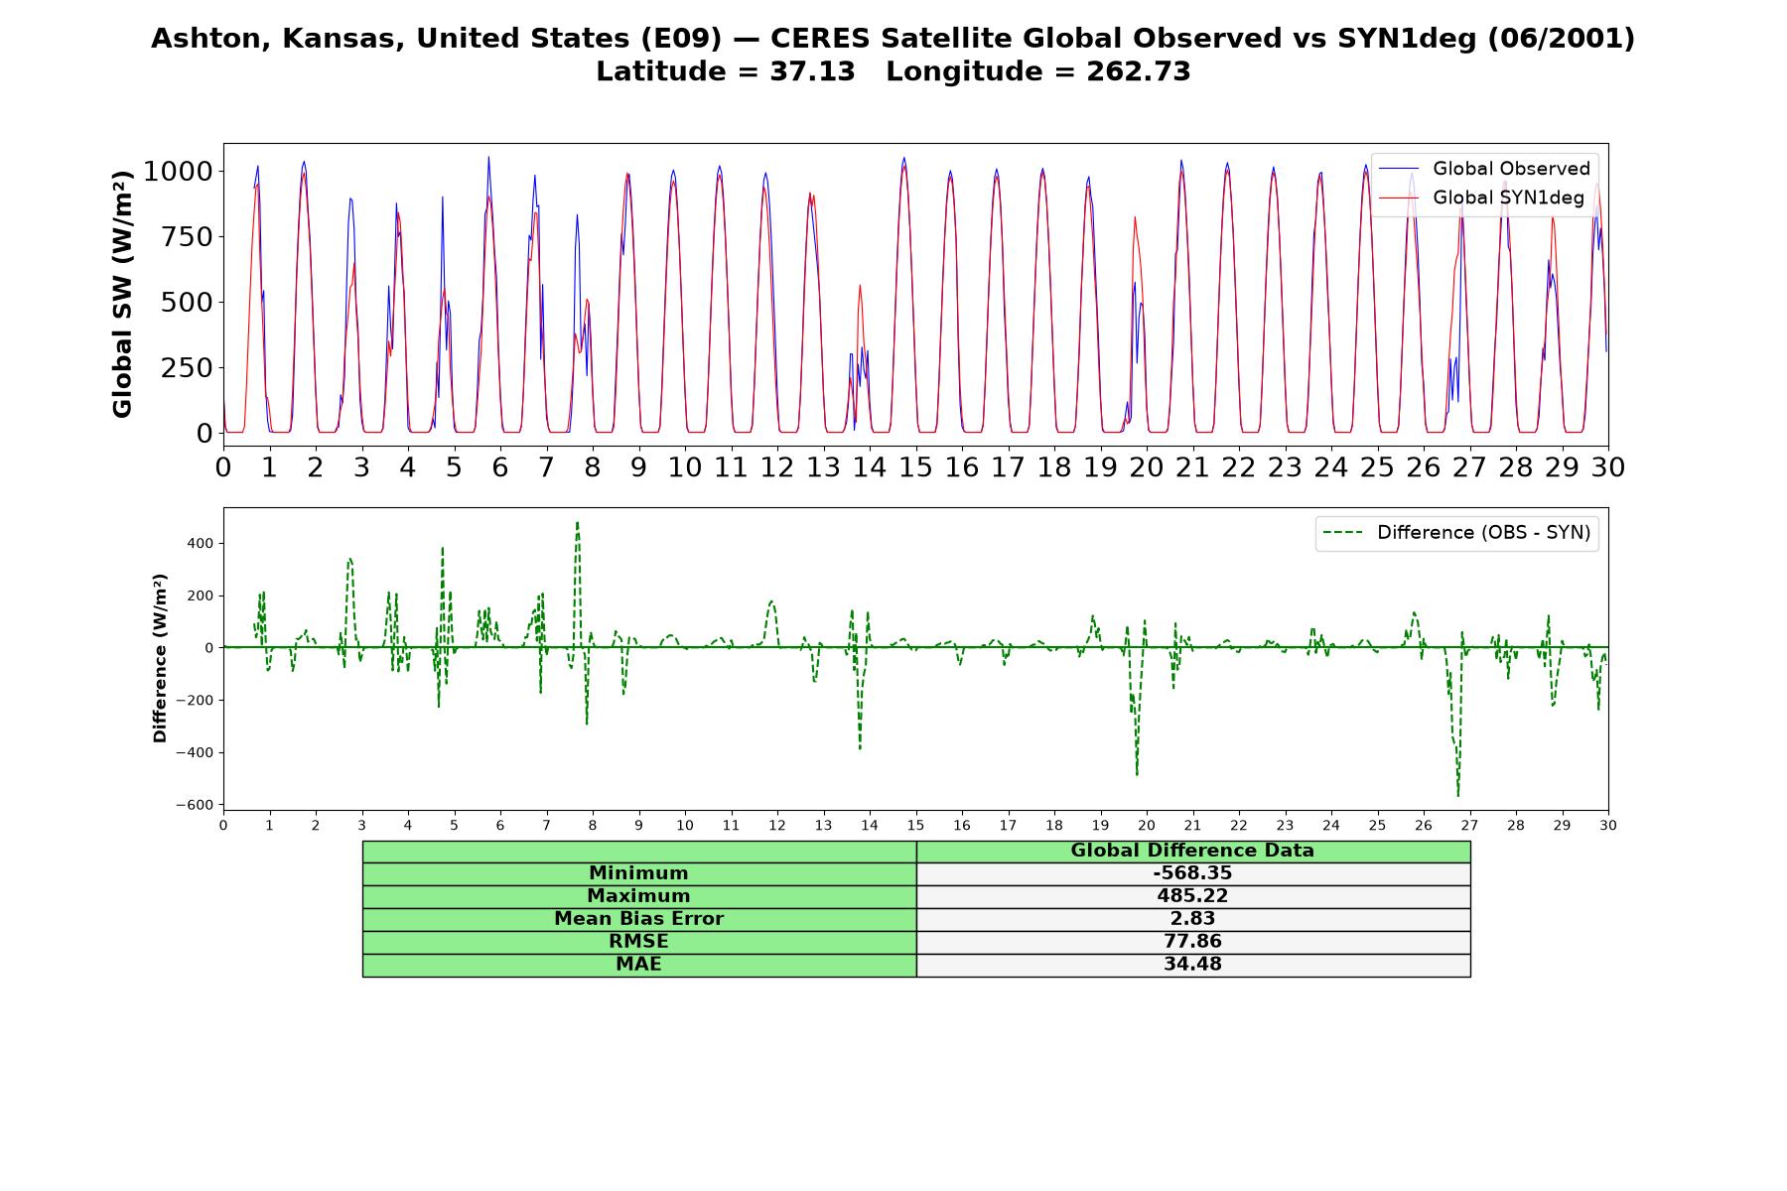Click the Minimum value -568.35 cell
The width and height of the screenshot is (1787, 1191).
(1192, 873)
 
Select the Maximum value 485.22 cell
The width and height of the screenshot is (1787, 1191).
(1192, 896)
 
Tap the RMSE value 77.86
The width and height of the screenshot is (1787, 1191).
(1192, 942)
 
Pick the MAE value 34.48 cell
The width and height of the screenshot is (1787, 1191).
(1192, 965)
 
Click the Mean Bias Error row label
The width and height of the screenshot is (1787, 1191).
(638, 919)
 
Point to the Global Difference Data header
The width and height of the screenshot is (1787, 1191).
(1192, 851)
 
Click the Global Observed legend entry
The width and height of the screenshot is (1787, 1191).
(1484, 169)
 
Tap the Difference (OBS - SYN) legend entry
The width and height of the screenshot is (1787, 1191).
(1456, 533)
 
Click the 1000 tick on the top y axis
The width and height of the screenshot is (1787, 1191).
(178, 172)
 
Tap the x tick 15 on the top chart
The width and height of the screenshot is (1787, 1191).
(915, 467)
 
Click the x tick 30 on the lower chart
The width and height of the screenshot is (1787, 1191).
(1608, 825)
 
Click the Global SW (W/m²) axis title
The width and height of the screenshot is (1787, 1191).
(123, 295)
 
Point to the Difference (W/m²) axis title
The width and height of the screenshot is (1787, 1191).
(160, 659)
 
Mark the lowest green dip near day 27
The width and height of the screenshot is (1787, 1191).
(1458, 796)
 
